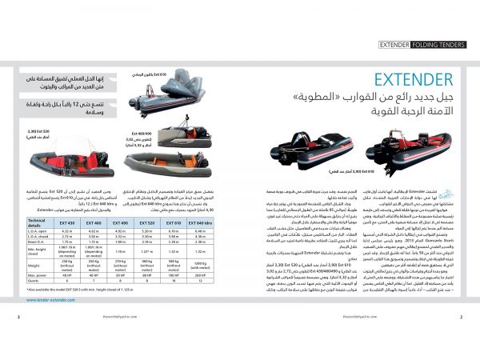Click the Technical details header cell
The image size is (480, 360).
pyautogui.click(x=39, y=222)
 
